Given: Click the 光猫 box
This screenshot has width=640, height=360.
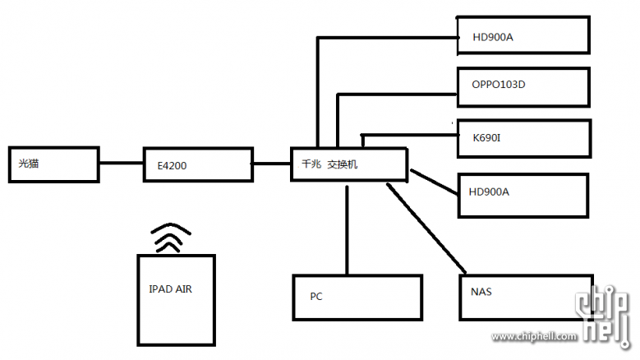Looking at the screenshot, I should click(54, 165).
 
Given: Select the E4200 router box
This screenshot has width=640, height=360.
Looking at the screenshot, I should click(197, 165).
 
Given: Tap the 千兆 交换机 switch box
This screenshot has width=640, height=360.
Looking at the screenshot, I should click(349, 164).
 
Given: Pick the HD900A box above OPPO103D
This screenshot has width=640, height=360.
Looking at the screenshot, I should click(523, 36).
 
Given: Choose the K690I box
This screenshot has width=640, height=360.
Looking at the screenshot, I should click(523, 138).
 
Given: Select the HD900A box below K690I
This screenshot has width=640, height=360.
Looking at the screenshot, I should click(523, 195).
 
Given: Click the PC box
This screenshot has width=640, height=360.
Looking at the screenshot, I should click(357, 298).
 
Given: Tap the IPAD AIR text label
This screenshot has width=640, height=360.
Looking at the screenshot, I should click(171, 288).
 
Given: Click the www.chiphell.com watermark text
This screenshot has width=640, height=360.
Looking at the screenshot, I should click(534, 336).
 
